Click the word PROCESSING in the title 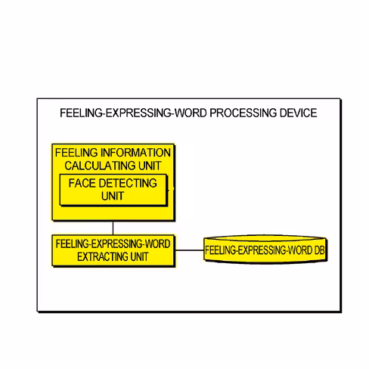[243, 113]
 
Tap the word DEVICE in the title [299, 113]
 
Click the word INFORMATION [135, 153]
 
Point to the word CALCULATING [100, 166]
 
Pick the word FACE [82, 183]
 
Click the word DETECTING [128, 183]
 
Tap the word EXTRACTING [102, 257]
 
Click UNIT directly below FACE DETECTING [113, 196]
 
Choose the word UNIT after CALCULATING [150, 166]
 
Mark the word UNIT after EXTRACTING [139, 257]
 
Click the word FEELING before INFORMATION [76, 153]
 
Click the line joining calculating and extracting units [113, 228]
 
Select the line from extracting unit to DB [189, 250]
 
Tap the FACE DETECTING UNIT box [113, 190]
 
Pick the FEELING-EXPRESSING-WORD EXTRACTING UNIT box [113, 250]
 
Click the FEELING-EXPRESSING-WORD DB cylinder [265, 250]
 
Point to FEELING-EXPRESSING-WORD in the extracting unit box [113, 244]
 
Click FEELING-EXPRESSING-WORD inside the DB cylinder [259, 250]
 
